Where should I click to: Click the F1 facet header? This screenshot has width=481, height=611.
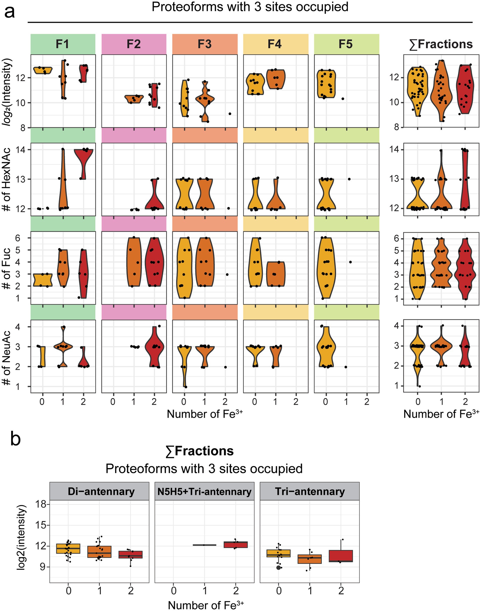[x=63, y=44]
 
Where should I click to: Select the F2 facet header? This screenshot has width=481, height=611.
[x=134, y=44]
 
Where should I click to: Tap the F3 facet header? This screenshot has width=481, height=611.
[x=205, y=44]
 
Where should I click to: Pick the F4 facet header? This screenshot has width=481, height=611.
[x=275, y=44]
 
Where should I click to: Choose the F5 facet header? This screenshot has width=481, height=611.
[x=346, y=44]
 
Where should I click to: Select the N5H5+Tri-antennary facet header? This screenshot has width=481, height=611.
[x=204, y=491]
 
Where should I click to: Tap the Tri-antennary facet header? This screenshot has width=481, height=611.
[x=310, y=491]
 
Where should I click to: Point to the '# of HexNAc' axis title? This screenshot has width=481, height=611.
[x=7, y=179]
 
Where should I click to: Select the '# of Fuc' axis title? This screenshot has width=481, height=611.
[x=7, y=268]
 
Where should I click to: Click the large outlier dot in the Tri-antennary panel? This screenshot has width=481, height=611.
[x=278, y=568]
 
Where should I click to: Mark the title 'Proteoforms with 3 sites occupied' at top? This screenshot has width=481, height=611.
[x=250, y=7]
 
